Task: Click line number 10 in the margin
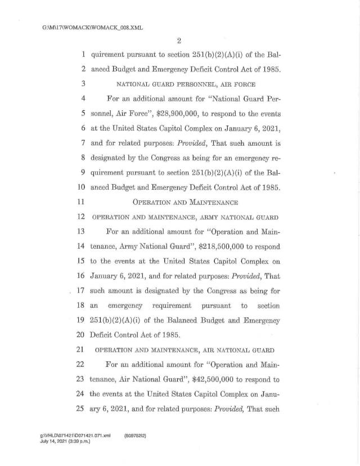point(80,186)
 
